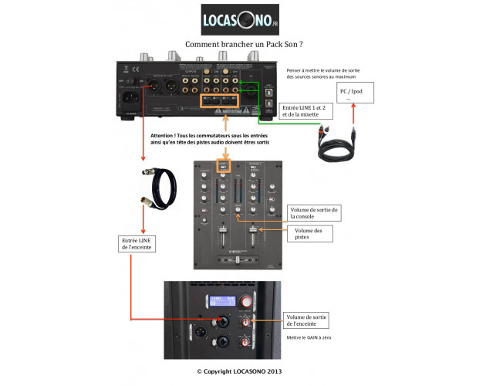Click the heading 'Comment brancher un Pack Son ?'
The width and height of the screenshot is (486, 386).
tap(241, 46)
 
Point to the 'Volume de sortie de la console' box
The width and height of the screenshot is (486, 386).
tap(314, 214)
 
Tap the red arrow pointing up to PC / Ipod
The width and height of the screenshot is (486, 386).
tap(353, 117)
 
